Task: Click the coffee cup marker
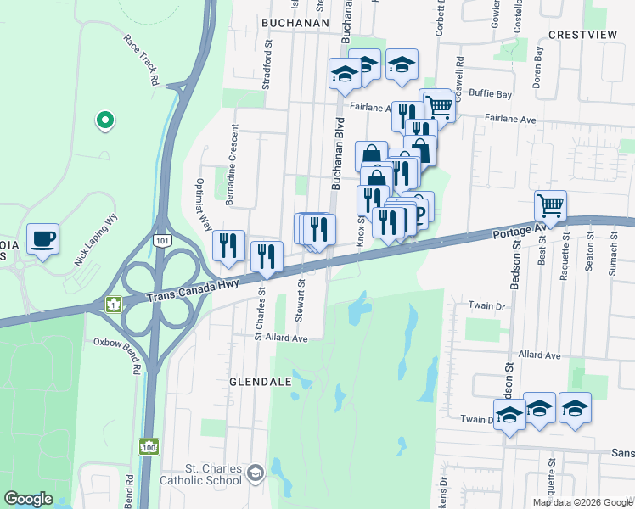42,238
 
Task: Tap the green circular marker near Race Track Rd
104,121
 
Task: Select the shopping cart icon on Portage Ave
550,205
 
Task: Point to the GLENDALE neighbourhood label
256,383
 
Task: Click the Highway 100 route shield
149,446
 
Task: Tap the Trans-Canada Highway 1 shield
113,303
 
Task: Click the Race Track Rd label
143,60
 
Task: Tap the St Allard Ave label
281,337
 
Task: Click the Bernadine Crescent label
230,165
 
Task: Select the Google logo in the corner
29,499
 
